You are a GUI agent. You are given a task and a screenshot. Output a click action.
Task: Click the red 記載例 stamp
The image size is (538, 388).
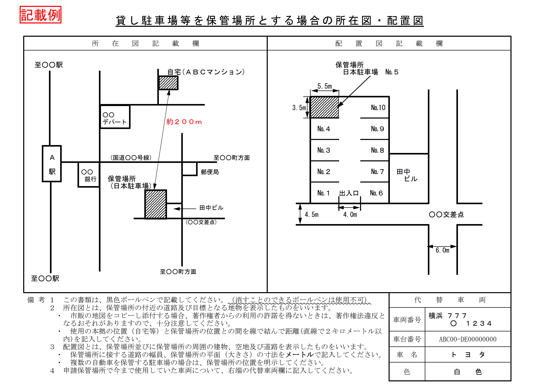41,15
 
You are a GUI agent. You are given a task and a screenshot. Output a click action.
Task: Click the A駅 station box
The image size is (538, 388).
52,164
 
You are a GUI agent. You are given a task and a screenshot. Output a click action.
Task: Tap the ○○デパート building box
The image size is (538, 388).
115,117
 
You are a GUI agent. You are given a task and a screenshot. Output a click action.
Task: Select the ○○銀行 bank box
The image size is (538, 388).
89,175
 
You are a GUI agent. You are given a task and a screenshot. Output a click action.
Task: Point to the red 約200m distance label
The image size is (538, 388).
184,122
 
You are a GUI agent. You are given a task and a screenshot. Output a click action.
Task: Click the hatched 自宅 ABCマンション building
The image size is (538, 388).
168,83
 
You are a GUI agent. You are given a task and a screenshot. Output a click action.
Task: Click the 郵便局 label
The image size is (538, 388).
210,172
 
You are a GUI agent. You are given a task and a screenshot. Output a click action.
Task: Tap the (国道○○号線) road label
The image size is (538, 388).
131,158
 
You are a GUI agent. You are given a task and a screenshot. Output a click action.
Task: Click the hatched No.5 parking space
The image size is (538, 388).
325,107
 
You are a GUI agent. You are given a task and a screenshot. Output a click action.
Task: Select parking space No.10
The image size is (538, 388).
375,107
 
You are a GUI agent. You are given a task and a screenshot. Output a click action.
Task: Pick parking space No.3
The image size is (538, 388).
325,150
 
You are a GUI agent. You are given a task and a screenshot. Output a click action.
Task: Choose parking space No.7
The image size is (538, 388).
375,172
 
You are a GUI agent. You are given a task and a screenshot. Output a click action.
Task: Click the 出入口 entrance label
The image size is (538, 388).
349,193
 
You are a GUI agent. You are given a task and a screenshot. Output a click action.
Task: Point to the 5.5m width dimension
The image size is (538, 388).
325,86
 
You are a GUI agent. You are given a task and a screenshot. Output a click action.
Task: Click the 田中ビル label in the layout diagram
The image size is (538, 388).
407,175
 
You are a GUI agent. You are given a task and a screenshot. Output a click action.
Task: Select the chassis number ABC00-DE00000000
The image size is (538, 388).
468,339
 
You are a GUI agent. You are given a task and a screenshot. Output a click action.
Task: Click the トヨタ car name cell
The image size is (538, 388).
468,355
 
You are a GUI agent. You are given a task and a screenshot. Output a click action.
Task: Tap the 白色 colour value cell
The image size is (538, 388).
468,372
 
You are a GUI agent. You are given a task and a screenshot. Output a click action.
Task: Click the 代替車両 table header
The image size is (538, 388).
450,300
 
